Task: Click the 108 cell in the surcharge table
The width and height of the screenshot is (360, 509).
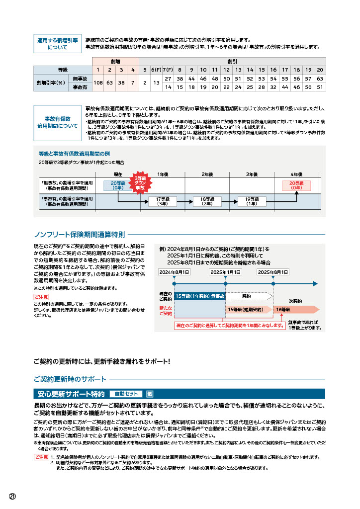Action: click(98, 83)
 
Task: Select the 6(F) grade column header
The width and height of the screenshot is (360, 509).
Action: click(156, 70)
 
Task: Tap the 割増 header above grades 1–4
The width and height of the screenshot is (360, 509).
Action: click(115, 61)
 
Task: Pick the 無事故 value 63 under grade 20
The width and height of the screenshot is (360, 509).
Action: click(320, 79)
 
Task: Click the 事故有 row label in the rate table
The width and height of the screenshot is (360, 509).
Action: click(80, 87)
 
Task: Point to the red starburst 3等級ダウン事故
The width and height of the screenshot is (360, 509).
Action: click(140, 183)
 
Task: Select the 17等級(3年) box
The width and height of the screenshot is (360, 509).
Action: click(163, 201)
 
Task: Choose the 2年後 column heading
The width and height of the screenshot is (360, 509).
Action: click(207, 174)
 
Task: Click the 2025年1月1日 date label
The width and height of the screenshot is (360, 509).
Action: click(225, 272)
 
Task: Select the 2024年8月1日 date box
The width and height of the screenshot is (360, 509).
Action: click(175, 272)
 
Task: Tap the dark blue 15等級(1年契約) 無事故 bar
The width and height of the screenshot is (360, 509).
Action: click(200, 296)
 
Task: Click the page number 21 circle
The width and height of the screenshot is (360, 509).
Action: click(12, 497)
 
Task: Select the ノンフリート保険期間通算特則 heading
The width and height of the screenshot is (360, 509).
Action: click(79, 235)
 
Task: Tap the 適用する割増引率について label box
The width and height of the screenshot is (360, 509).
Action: click(57, 44)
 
